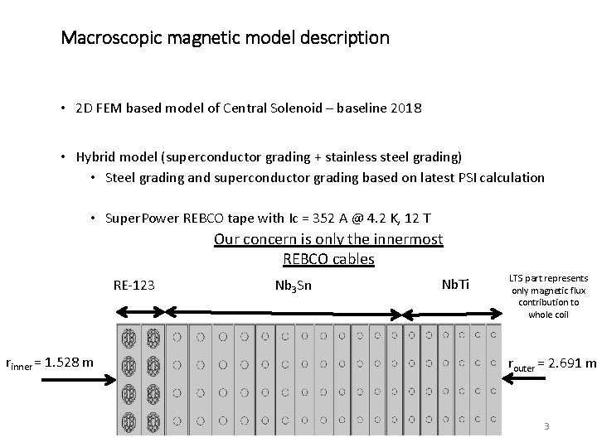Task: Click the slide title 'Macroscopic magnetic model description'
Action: (x=225, y=38)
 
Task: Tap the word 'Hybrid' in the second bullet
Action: (x=95, y=156)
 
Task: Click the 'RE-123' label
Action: (x=133, y=286)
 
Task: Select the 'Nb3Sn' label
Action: (x=292, y=286)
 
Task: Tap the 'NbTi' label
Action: (x=455, y=285)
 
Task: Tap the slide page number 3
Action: (x=546, y=425)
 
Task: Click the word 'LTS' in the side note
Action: (x=521, y=279)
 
